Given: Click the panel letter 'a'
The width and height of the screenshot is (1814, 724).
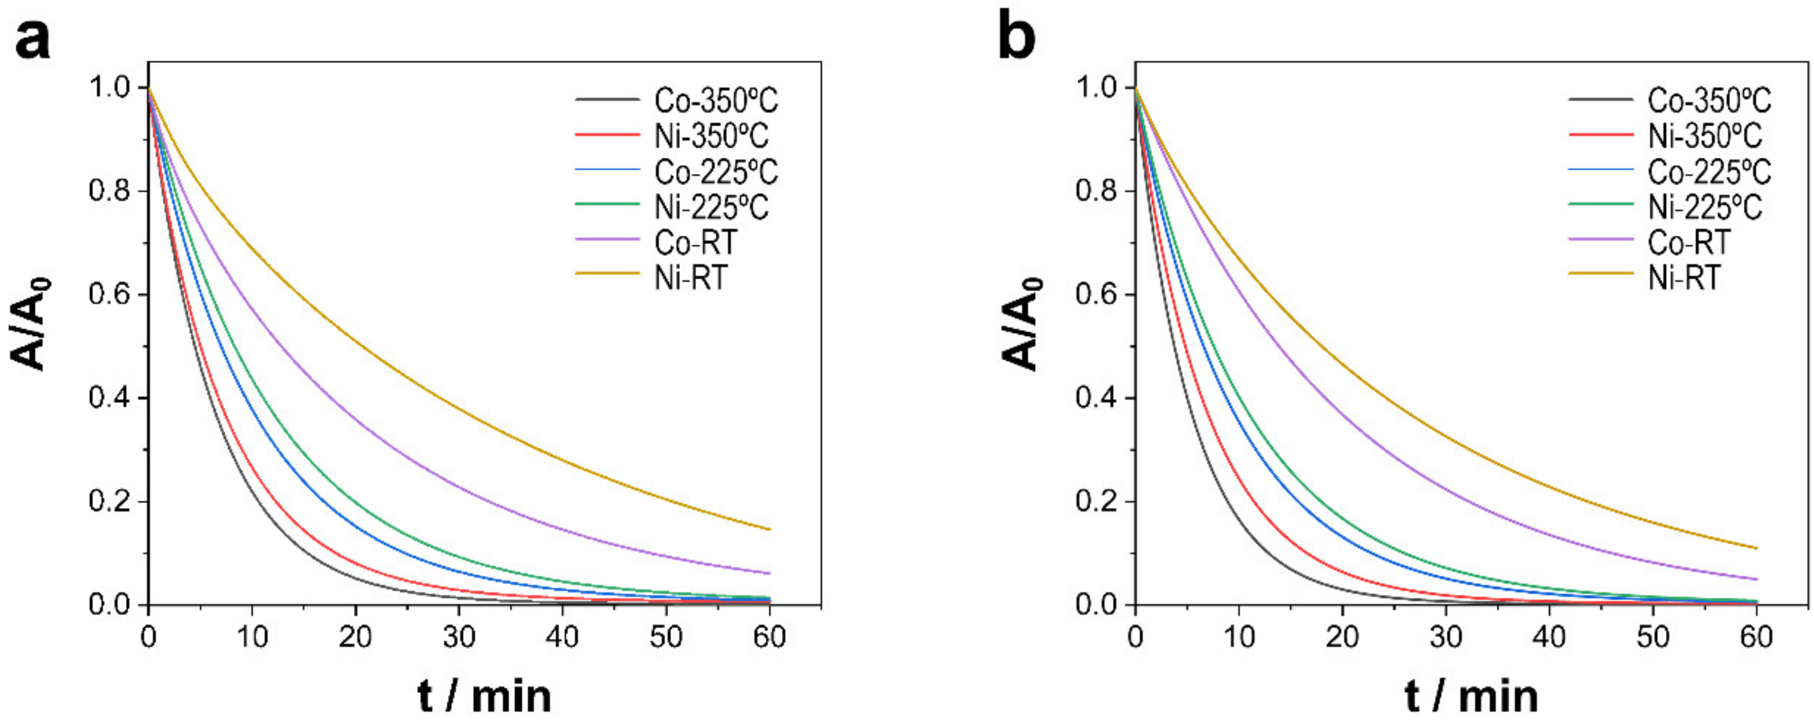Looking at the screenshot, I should click(33, 39).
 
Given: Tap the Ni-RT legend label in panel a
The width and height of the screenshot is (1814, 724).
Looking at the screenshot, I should click(690, 277).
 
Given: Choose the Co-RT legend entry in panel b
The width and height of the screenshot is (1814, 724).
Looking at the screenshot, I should click(1689, 242).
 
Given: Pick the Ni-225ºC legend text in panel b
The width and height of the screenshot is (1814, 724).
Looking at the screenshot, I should click(1705, 207).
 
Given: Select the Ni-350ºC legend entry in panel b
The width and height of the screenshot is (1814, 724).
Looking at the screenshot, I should click(1705, 136).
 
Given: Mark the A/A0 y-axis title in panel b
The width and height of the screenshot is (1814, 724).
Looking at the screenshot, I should click(1021, 324).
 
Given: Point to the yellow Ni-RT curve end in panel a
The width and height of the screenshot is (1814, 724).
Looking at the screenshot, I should click(768, 529).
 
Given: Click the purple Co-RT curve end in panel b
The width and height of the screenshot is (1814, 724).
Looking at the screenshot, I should click(1756, 579).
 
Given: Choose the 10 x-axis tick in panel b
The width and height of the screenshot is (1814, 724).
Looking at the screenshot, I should click(1239, 638).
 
